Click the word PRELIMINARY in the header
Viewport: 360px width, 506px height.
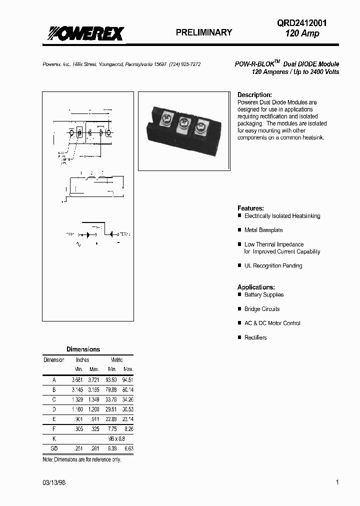[x=204, y=32]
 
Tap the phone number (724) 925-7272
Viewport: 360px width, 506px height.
[x=183, y=65]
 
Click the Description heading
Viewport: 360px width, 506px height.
[x=254, y=94]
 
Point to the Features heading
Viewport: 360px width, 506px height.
[x=250, y=208]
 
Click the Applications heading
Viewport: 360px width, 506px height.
[x=256, y=287]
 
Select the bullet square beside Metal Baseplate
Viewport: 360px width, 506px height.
[x=239, y=230]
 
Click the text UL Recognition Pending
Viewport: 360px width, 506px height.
[x=273, y=266]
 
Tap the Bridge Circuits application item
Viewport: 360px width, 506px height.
[x=262, y=309]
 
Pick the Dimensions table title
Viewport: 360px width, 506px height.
[x=83, y=349]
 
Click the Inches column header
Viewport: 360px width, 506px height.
[x=82, y=360]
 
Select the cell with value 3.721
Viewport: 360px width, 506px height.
[x=94, y=380]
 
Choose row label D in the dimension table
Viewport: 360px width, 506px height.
[x=54, y=408]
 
